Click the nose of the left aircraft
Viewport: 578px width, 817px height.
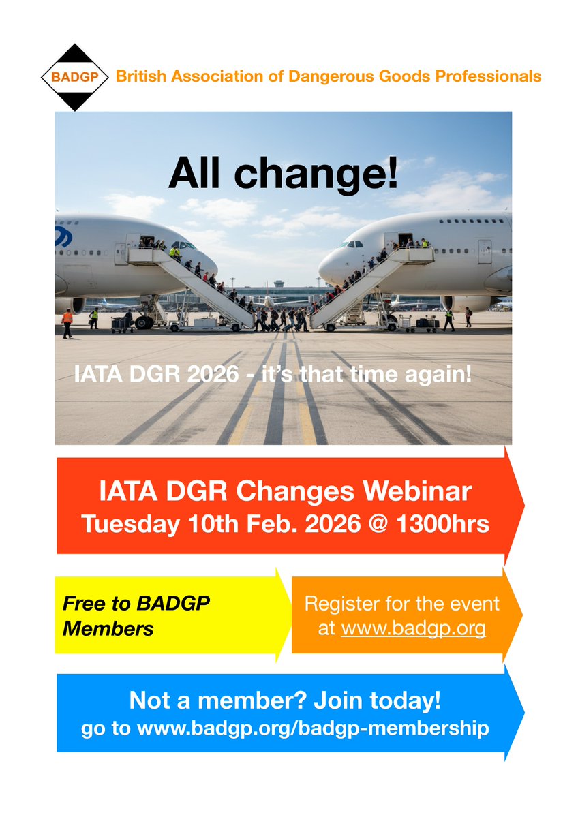tap(212, 264)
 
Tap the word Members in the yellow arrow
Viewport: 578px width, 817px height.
tap(108, 628)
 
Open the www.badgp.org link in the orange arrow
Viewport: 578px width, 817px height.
tap(413, 628)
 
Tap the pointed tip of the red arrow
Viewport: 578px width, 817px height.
tap(523, 505)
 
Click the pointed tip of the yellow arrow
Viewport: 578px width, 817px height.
tap(290, 615)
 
